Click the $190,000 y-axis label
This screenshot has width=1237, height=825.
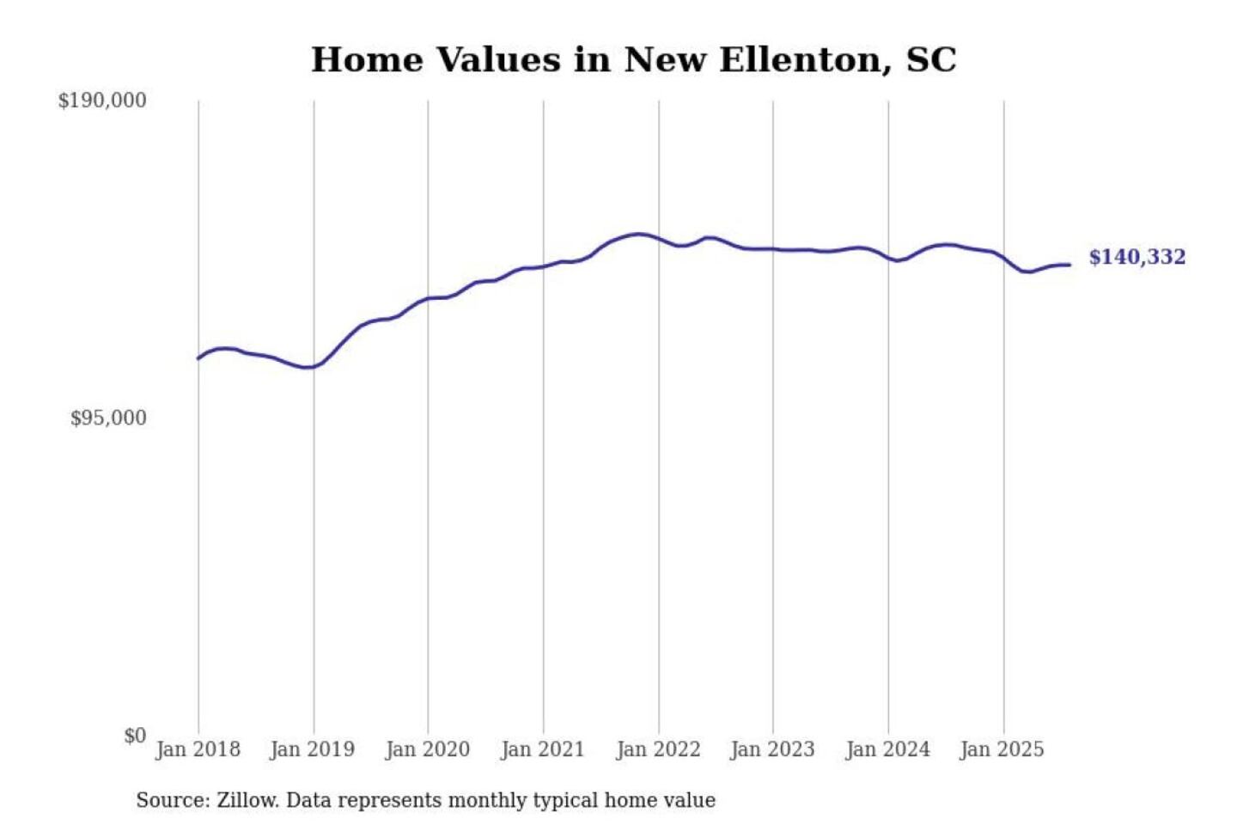[x=102, y=101]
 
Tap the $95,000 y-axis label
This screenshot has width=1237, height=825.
[x=108, y=419]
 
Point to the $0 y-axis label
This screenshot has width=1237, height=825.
[x=135, y=736]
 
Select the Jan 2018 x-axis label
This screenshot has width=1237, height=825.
[x=198, y=749]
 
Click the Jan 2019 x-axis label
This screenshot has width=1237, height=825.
[x=312, y=749]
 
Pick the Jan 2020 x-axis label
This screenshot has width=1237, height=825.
[x=427, y=749]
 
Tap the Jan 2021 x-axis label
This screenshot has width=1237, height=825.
[x=542, y=749]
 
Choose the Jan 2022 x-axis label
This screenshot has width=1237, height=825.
[x=658, y=749]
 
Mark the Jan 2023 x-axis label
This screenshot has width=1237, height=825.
[x=772, y=749]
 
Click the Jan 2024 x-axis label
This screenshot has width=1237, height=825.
[x=887, y=749]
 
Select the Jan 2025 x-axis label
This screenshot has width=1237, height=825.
[x=1002, y=749]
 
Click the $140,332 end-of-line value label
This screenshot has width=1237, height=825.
[x=1136, y=257]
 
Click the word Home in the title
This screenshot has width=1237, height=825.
[x=367, y=60]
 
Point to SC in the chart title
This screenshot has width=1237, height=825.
[x=931, y=60]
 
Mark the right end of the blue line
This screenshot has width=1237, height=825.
[x=1069, y=265]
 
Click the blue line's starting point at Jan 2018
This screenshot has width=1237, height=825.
[x=198, y=358]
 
